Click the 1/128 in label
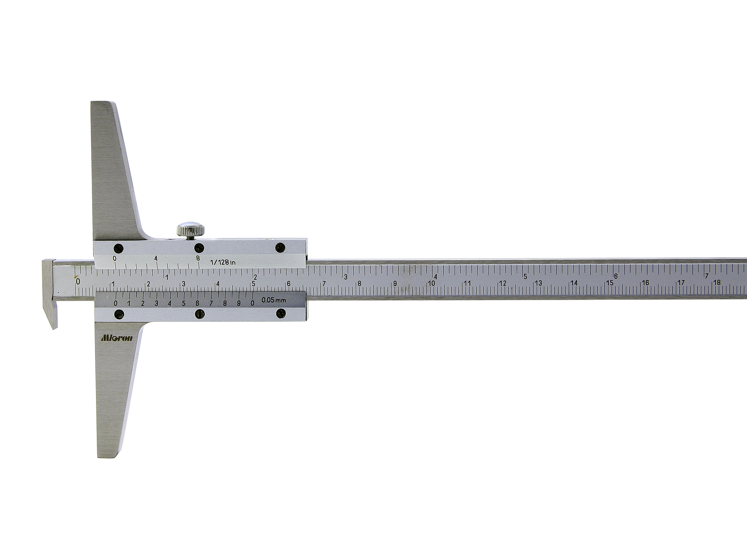tap(223, 262)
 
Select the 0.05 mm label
tap(271, 299)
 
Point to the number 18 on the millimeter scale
tap(717, 282)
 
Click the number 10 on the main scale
tap(431, 283)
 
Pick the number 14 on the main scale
tap(574, 283)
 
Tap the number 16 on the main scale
tap(645, 283)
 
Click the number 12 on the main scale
tap(503, 283)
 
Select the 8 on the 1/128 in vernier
tap(198, 258)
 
